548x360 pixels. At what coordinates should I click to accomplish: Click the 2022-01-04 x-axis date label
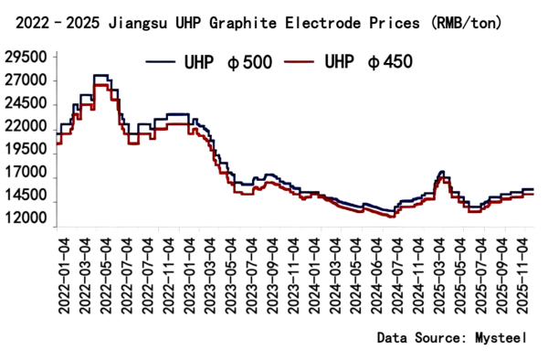click(63, 273)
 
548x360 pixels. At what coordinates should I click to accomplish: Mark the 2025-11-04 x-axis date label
click(522, 273)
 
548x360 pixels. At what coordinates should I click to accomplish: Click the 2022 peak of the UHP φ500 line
click(100, 76)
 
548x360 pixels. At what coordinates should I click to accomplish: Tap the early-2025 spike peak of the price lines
click(442, 172)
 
